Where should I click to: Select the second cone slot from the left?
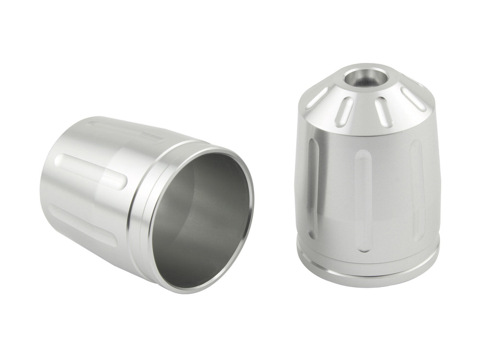click(344, 109)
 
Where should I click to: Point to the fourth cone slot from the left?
click(412, 99)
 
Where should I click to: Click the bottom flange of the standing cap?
click(368, 276)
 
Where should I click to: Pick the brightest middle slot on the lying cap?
click(91, 170)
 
